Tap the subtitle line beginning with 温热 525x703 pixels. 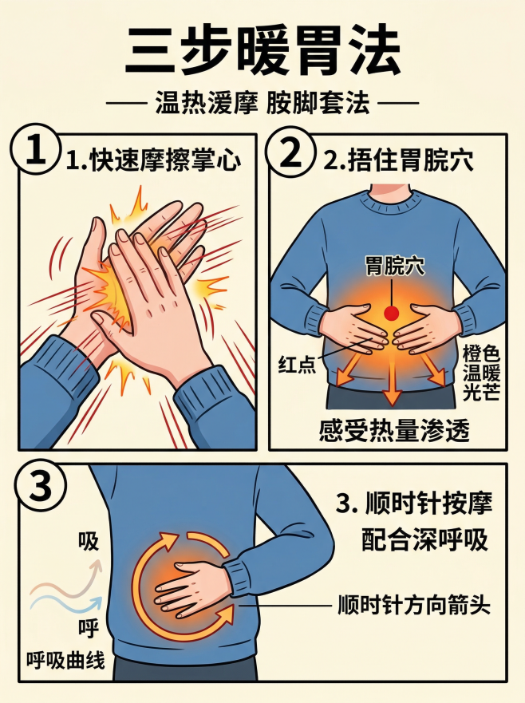click(x=262, y=105)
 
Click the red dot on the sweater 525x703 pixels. click(x=391, y=313)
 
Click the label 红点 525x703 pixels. click(x=294, y=364)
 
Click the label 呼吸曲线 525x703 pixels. click(x=65, y=661)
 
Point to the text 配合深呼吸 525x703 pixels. click(x=424, y=540)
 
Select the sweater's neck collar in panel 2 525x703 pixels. click(x=390, y=197)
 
